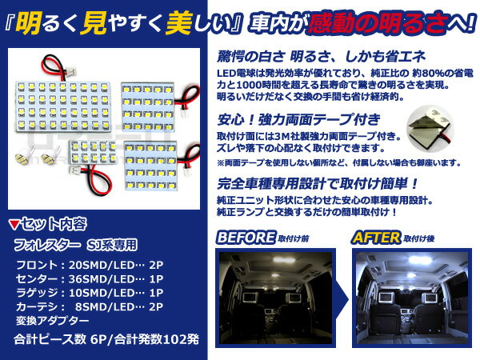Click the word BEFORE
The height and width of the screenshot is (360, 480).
[x=246, y=238]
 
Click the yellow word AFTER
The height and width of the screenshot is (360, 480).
[x=377, y=238]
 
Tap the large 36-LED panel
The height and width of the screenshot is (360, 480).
[x=63, y=106]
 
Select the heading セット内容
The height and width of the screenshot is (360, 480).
[x=54, y=224]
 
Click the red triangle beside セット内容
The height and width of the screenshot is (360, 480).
[x=14, y=225]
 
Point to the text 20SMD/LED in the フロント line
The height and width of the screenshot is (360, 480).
[x=102, y=265]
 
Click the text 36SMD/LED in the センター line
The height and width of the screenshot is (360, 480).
[x=102, y=278]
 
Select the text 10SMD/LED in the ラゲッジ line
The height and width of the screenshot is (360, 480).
[x=102, y=293]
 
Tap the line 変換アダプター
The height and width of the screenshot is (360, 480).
[x=52, y=320]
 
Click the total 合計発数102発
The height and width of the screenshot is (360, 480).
[x=157, y=339]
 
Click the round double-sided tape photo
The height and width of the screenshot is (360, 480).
[x=430, y=127]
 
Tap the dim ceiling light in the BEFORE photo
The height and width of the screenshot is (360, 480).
[x=284, y=260]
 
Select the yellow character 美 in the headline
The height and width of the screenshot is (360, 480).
[x=178, y=23]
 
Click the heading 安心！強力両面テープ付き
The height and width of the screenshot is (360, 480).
[x=298, y=119]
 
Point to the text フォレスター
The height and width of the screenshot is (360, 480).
[x=48, y=245]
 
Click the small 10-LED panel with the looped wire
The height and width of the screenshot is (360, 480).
[x=93, y=152]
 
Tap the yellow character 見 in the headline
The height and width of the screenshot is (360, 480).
[x=94, y=23]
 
